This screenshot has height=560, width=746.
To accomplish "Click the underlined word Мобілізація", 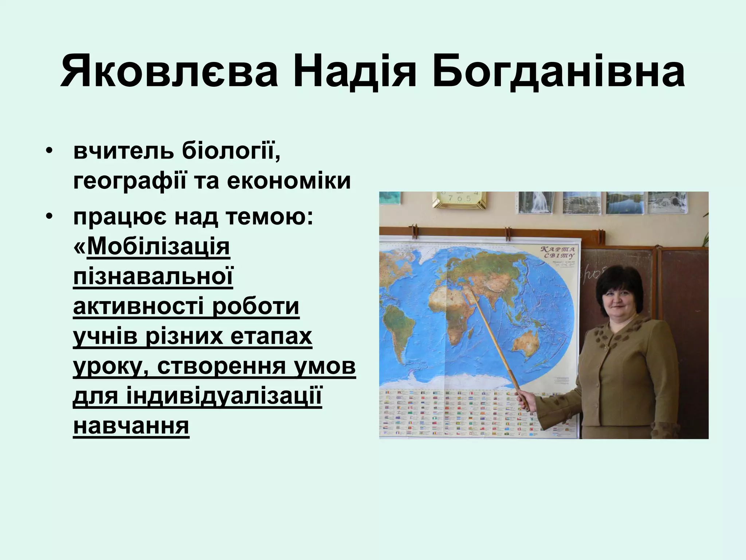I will (158, 247).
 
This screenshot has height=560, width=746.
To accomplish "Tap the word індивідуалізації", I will (224, 396).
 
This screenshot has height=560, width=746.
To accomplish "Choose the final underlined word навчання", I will (131, 426).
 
